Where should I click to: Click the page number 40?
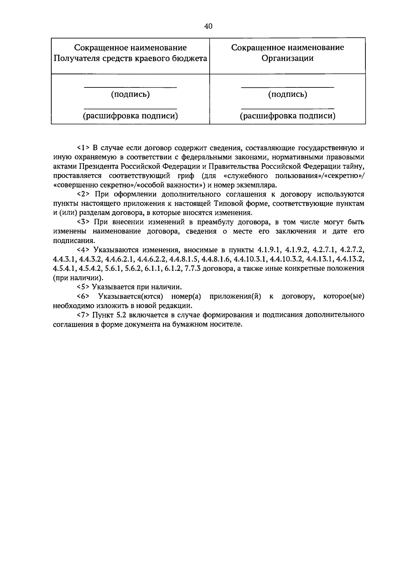pos(208,26)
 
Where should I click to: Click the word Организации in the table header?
pos(287,59)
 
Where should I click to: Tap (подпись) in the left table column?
pos(130,95)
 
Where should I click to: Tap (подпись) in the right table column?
pos(287,95)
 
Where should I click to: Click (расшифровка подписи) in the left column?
pos(130,116)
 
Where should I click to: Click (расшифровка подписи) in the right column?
pos(287,116)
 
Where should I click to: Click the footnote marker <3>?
pos(83,222)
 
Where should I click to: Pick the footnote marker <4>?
pos(83,249)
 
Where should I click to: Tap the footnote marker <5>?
pos(83,287)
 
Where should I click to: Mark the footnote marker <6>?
pos(83,296)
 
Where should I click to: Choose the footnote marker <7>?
pos(83,315)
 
